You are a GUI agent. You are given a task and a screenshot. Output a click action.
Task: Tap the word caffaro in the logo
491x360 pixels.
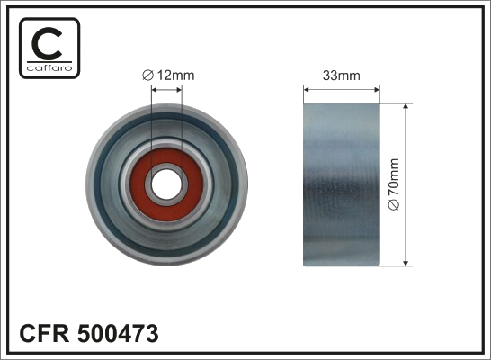coord(49,67)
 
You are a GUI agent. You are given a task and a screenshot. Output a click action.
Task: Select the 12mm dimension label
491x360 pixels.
coord(175,76)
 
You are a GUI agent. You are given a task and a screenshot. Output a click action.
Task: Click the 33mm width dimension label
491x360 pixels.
coord(342,76)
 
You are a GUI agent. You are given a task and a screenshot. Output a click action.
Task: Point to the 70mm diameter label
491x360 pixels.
coord(394,177)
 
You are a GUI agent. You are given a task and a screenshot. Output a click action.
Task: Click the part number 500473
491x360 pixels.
coord(118,333)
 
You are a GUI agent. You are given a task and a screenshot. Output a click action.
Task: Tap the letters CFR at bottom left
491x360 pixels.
coord(44,333)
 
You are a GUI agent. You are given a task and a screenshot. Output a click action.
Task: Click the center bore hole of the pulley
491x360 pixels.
coord(166,184)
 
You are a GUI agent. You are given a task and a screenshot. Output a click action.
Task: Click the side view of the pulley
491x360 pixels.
coord(342,184)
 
